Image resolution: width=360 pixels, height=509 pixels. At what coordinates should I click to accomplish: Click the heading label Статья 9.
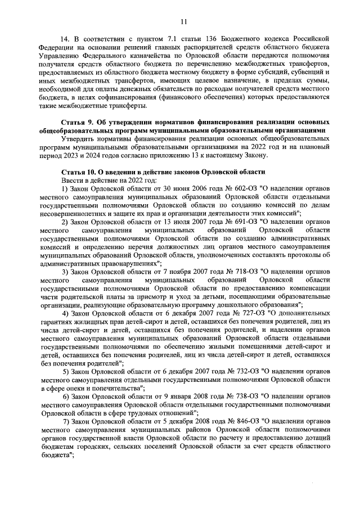click(x=78, y=122)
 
